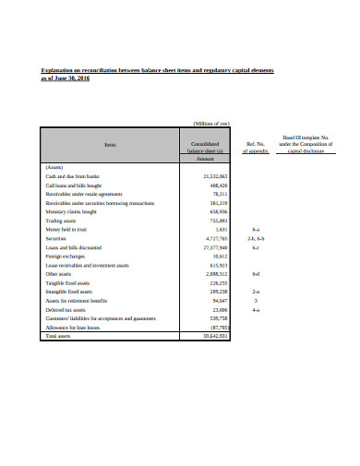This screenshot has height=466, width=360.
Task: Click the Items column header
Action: (111, 144)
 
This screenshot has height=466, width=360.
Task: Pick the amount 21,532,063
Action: (213, 175)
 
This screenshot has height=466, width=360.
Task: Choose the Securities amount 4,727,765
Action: (215, 238)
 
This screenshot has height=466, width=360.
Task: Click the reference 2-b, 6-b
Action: (257, 238)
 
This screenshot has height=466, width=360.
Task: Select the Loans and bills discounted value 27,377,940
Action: (213, 247)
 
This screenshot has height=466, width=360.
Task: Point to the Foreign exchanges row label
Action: (66, 256)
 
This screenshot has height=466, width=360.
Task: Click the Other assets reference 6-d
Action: (256, 274)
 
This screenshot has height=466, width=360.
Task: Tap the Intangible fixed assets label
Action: (70, 292)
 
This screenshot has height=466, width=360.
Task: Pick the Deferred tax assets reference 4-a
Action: (256, 309)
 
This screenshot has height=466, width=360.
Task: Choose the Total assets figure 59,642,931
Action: (213, 336)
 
